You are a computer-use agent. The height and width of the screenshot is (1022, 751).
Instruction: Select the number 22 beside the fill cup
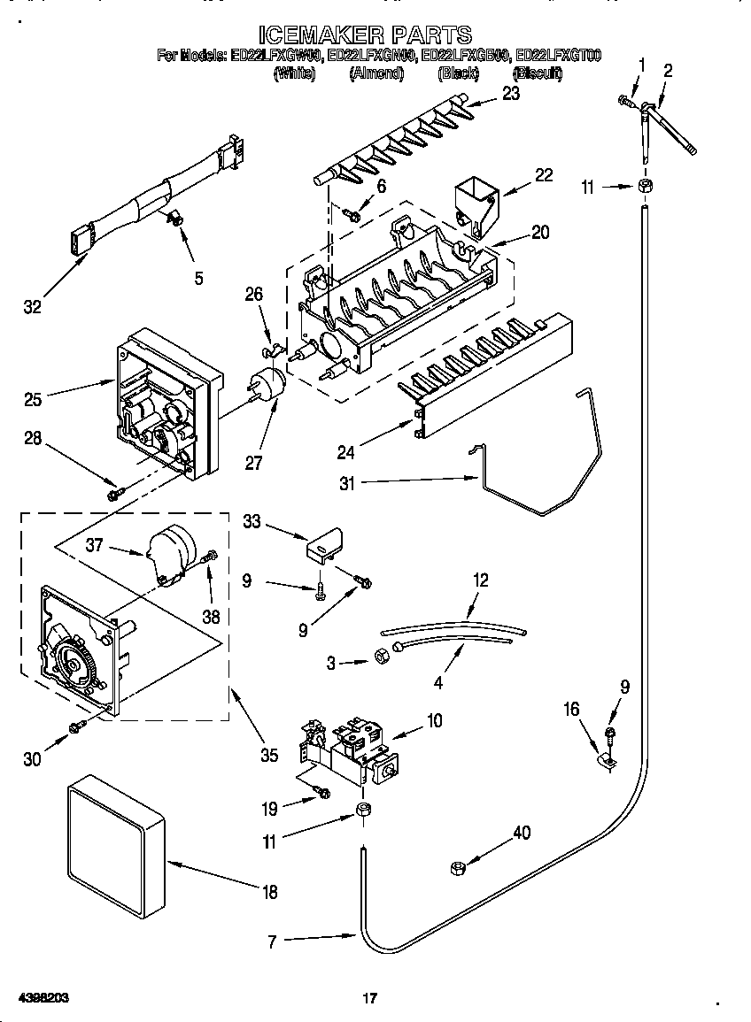[543, 175]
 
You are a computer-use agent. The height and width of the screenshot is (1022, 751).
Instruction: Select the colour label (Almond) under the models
[376, 74]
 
